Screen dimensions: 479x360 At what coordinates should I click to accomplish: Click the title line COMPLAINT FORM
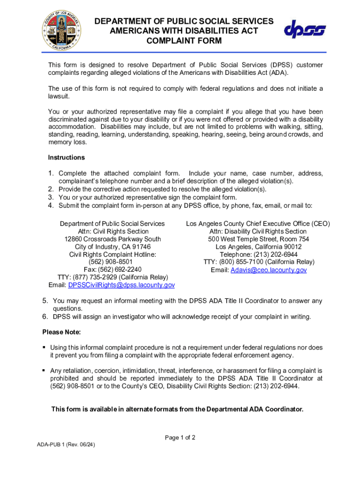[x=184, y=41]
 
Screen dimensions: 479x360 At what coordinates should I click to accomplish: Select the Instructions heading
[x=66, y=157]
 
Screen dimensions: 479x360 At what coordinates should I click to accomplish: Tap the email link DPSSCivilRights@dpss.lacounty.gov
[x=121, y=285]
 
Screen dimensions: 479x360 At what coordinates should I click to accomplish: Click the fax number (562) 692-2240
[x=112, y=269]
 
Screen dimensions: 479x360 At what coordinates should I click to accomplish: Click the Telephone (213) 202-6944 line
[x=259, y=254]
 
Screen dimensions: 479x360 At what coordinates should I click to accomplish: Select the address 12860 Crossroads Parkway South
[x=112, y=239]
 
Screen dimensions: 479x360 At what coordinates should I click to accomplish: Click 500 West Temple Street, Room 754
[x=259, y=239]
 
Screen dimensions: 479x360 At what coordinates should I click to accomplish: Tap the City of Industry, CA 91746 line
[x=112, y=247]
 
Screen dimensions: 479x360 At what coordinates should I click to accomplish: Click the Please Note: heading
[x=62, y=332]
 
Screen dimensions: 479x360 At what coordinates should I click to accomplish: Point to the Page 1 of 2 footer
[x=180, y=438]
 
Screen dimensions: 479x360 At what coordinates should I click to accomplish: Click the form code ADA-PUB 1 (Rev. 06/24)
[x=66, y=444]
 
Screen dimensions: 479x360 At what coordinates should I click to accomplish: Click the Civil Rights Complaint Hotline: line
[x=112, y=254]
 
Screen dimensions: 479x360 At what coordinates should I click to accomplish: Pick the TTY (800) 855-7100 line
[x=259, y=262]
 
